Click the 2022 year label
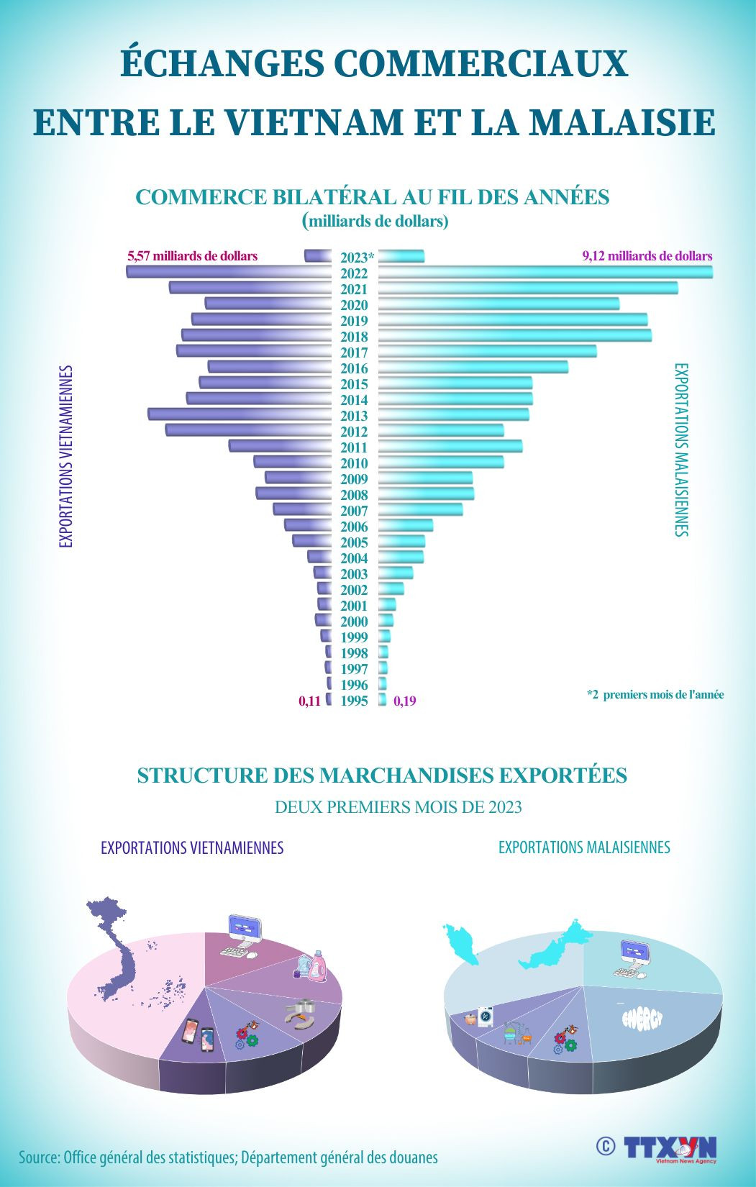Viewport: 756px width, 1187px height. (x=354, y=273)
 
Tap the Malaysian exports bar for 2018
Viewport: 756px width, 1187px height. (x=514, y=335)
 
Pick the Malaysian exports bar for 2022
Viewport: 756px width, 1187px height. (x=545, y=272)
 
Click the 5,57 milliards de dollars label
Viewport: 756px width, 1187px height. (x=192, y=256)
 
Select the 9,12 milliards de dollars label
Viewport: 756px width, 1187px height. (x=647, y=256)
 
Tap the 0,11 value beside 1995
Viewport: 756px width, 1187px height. (x=309, y=701)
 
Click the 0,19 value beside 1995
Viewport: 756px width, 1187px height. (x=405, y=701)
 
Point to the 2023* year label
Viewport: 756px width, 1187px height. (x=357, y=258)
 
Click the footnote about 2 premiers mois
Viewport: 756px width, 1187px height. (x=655, y=695)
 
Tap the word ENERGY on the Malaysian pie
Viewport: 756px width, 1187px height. (x=642, y=1018)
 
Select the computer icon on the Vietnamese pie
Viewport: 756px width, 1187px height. (x=241, y=936)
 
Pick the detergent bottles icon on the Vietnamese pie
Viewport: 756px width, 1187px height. (x=311, y=965)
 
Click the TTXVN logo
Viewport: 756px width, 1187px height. (x=670, y=1149)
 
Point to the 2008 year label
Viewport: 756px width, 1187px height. (x=354, y=495)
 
